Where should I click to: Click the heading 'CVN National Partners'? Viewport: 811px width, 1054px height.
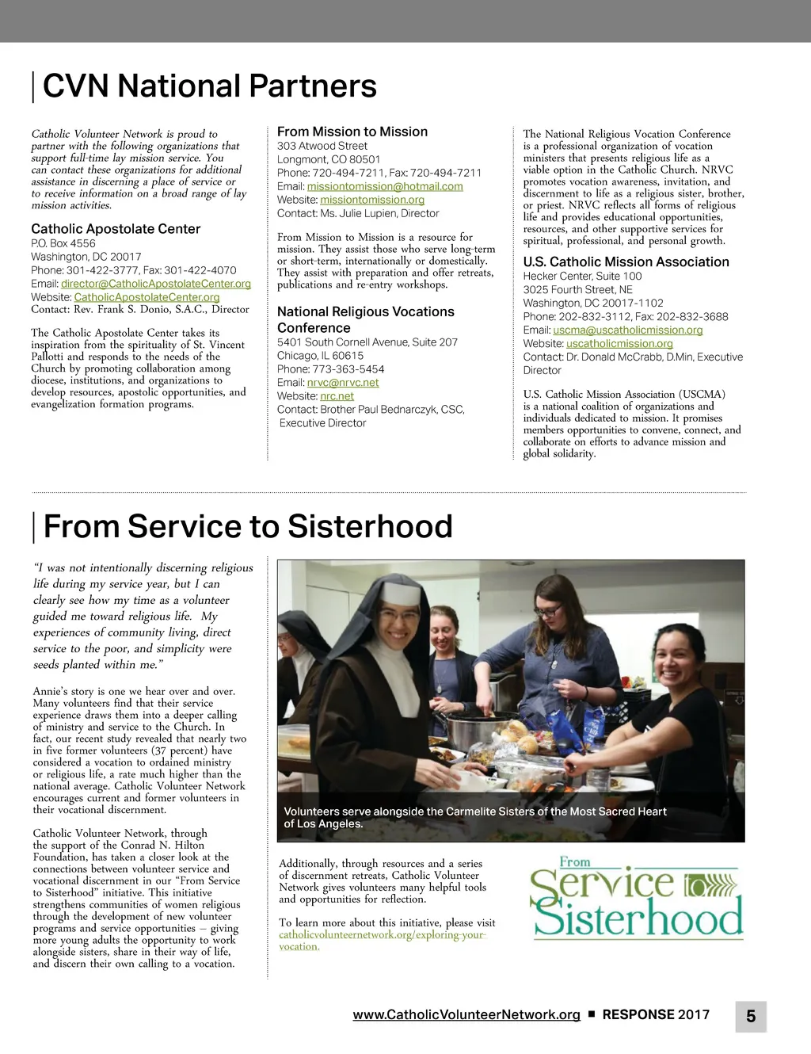pos(209,86)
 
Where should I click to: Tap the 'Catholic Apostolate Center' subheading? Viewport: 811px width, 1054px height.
pos(116,229)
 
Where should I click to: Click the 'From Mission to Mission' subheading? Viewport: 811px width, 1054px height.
pos(352,132)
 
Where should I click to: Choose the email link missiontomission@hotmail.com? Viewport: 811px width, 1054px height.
pos(385,186)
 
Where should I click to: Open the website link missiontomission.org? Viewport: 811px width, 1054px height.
pos(372,200)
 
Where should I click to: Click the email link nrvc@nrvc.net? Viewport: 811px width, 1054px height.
pos(343,383)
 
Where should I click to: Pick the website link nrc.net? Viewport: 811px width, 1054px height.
pos(337,396)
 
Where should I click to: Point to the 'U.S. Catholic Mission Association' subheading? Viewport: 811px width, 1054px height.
pos(626,262)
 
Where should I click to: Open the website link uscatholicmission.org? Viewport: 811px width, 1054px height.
pos(619,343)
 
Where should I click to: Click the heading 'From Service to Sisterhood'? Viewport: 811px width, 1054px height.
pos(248,526)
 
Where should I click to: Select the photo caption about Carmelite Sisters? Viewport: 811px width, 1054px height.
pos(475,817)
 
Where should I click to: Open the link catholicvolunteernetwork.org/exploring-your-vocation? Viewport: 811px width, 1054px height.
pos(382,940)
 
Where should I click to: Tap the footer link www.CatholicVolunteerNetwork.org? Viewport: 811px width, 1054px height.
pos(466,1014)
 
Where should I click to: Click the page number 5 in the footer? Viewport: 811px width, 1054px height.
pos(751,1016)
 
